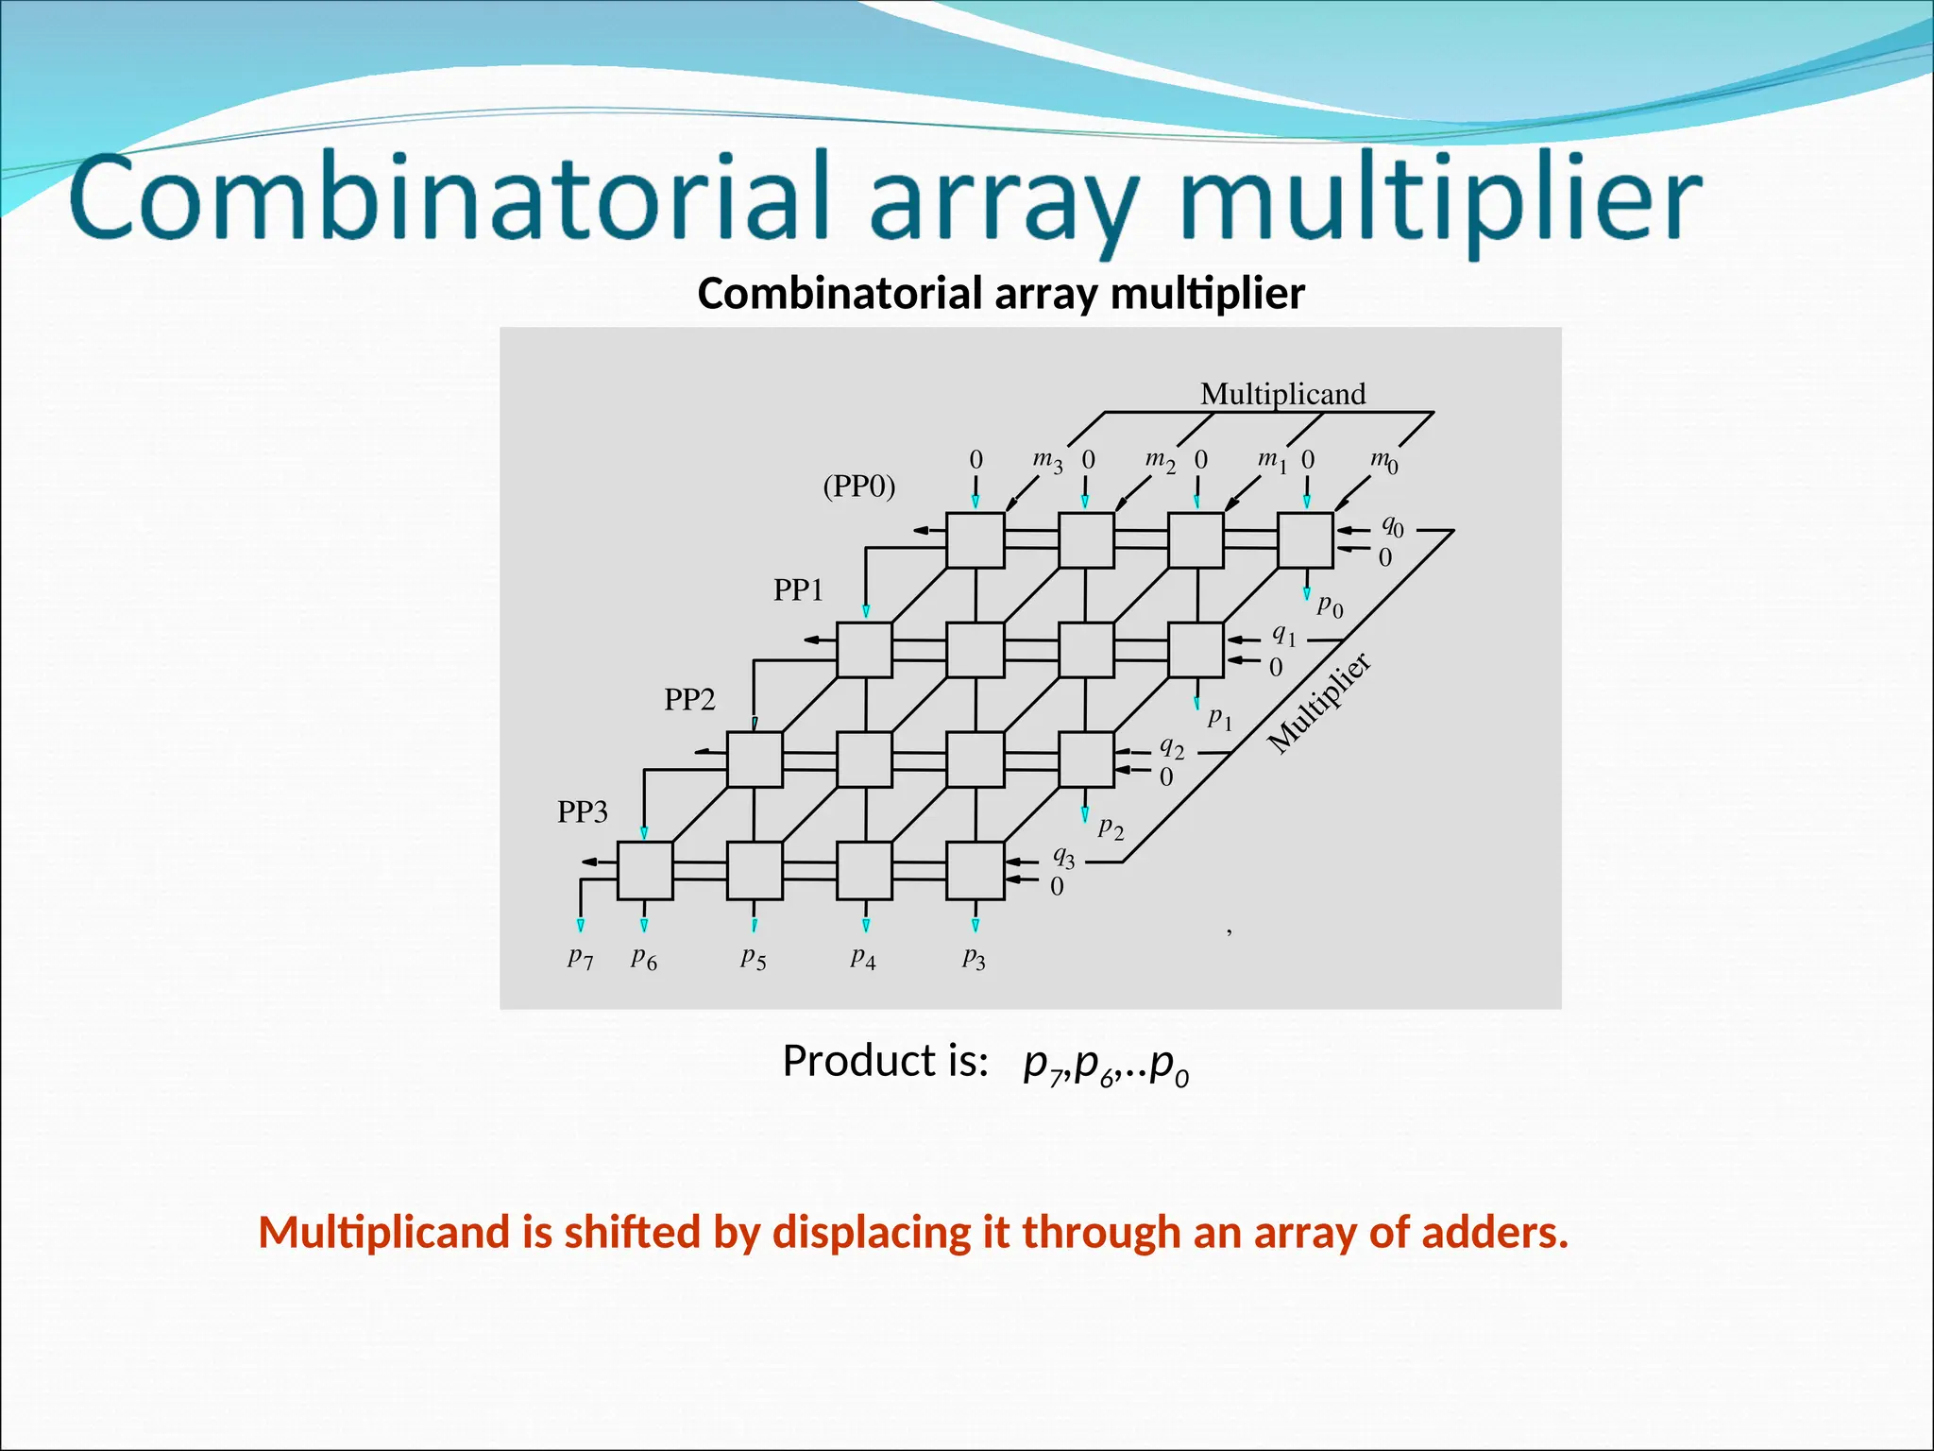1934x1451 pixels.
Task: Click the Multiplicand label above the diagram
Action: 1282,394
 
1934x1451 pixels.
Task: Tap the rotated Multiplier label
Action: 1319,704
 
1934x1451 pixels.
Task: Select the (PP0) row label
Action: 858,486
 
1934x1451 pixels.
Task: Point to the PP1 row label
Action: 798,590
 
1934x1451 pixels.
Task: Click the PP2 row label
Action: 689,700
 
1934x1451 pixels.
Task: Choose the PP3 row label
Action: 582,811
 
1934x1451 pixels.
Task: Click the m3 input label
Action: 1047,460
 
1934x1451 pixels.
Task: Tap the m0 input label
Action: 1384,460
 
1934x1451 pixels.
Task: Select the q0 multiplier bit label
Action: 1393,525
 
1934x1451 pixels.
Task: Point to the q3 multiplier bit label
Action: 1064,857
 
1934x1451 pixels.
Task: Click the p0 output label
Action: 1330,606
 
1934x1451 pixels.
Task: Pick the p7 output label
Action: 581,958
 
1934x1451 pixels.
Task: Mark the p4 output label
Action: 863,959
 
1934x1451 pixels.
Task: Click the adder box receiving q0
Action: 1305,540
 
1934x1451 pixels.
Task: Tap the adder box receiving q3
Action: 975,870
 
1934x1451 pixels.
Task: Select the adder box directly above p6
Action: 645,870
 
